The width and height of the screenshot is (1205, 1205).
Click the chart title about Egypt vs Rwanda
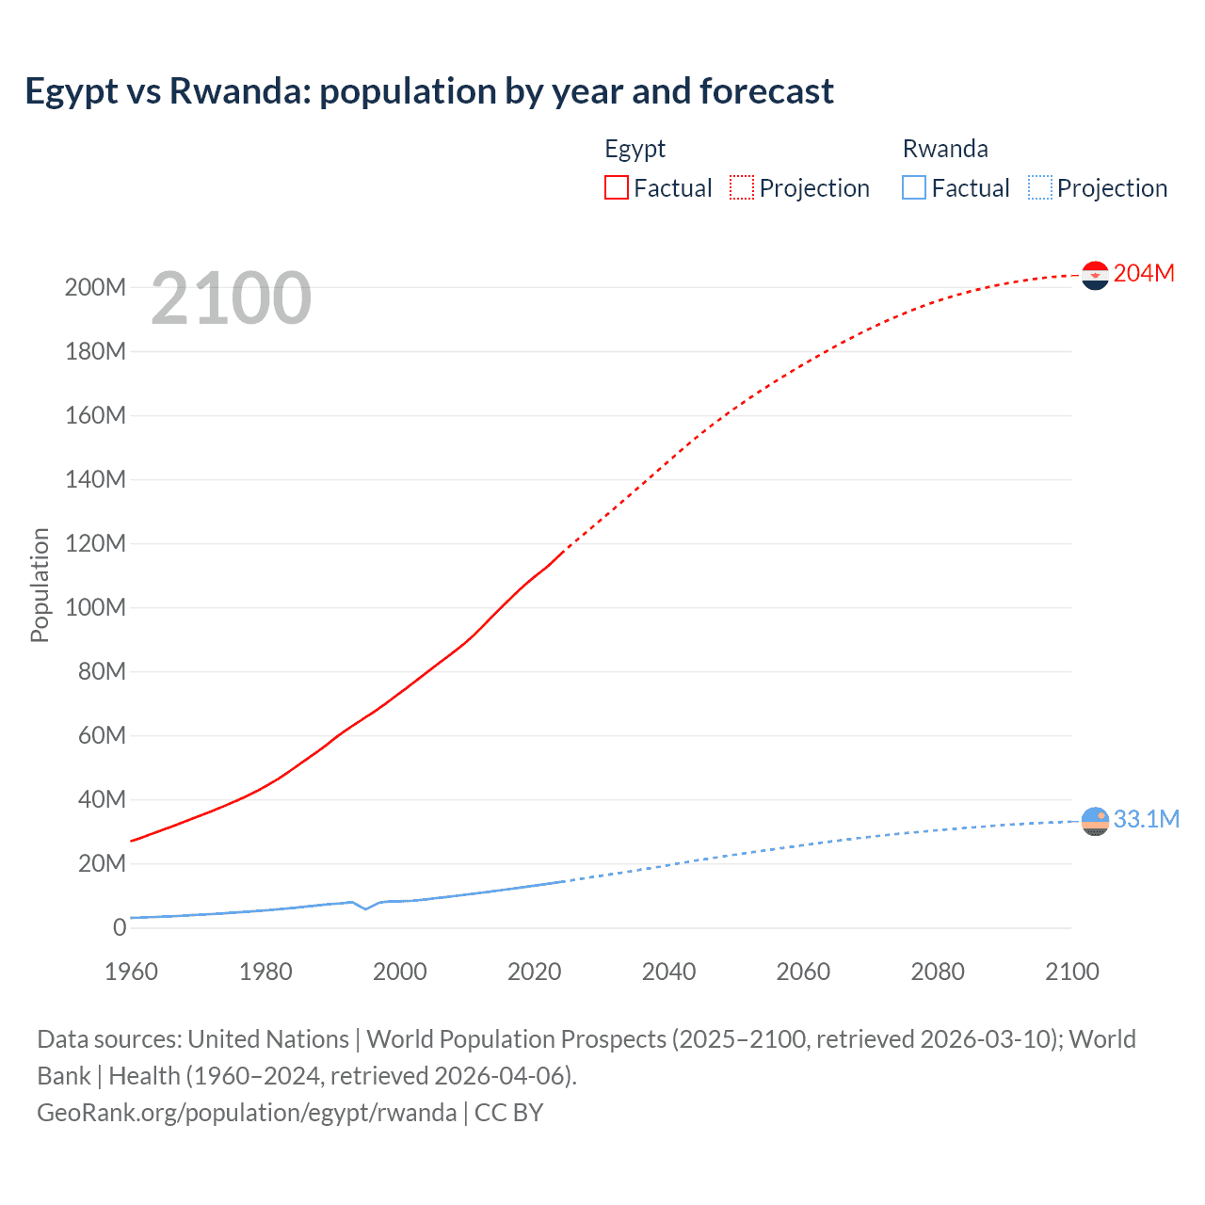pyautogui.click(x=429, y=91)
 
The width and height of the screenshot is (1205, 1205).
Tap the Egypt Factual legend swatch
pyautogui.click(x=616, y=187)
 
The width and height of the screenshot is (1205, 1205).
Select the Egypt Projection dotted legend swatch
pyautogui.click(x=741, y=187)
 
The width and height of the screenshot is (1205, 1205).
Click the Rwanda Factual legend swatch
pyautogui.click(x=913, y=187)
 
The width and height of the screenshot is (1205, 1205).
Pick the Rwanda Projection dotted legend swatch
pyautogui.click(x=1039, y=187)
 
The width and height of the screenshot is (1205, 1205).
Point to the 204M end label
pyautogui.click(x=1144, y=273)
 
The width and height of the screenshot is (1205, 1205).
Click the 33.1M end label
pyautogui.click(x=1146, y=819)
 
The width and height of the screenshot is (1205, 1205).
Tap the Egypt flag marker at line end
pyautogui.click(x=1095, y=275)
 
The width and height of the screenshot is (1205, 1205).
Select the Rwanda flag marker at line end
pyautogui.click(x=1095, y=821)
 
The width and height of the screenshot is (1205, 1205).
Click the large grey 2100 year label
pyautogui.click(x=231, y=298)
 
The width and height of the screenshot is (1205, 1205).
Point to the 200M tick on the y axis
pyautogui.click(x=95, y=287)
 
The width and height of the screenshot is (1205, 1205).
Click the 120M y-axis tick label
pyautogui.click(x=95, y=543)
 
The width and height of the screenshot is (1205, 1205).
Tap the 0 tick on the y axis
pyautogui.click(x=119, y=927)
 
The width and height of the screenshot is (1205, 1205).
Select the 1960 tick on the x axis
pyautogui.click(x=131, y=972)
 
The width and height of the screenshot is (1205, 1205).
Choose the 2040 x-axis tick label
pyautogui.click(x=668, y=972)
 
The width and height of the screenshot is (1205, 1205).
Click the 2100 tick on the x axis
pyautogui.click(x=1071, y=972)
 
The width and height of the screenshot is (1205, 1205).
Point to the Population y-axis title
pyautogui.click(x=40, y=585)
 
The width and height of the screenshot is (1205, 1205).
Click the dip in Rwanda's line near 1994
pyautogui.click(x=366, y=908)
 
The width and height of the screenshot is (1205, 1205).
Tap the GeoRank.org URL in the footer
pyautogui.click(x=247, y=1112)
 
